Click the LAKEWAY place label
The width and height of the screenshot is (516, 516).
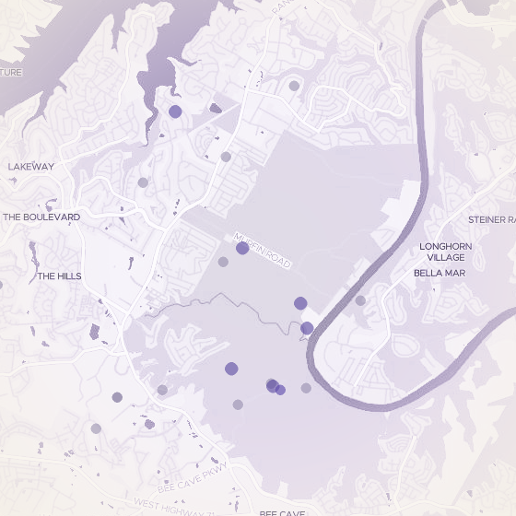(x=31, y=167)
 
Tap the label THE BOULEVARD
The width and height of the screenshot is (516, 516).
(x=41, y=217)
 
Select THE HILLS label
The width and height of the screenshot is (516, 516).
(x=59, y=276)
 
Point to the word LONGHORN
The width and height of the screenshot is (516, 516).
(x=446, y=247)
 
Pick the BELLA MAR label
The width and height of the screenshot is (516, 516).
(x=440, y=273)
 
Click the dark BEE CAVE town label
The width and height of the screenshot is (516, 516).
(x=282, y=512)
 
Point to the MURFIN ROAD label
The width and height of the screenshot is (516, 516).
(x=263, y=251)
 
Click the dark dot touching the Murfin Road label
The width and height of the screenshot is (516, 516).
(x=242, y=248)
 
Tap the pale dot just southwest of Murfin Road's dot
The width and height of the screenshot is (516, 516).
(x=223, y=262)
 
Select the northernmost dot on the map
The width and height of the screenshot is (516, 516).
(x=294, y=86)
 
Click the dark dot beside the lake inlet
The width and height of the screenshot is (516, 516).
(x=175, y=111)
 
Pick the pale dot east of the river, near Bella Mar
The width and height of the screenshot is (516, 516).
(x=360, y=300)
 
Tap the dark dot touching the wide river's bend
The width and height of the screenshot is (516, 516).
(x=307, y=328)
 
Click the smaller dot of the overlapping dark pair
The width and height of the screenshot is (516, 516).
(x=280, y=390)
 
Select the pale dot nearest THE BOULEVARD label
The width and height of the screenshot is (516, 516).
(x=143, y=182)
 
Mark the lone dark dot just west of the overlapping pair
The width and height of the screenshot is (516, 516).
(x=231, y=369)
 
